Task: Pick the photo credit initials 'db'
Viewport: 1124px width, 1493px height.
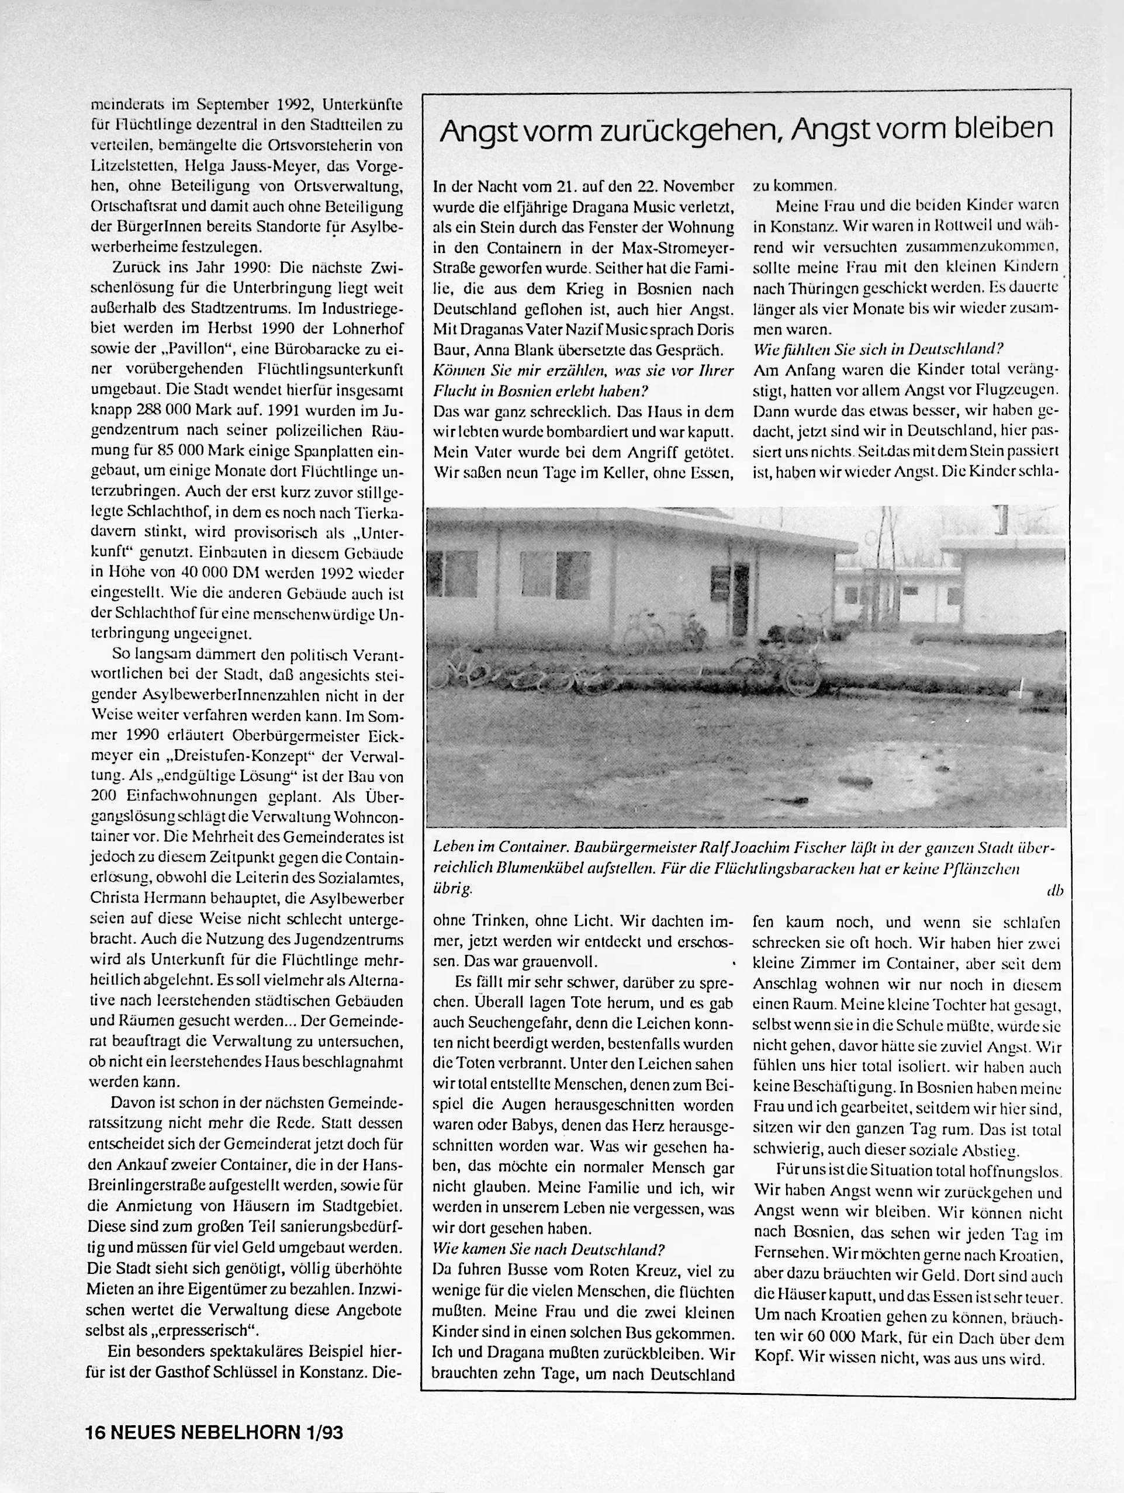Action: click(1054, 891)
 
